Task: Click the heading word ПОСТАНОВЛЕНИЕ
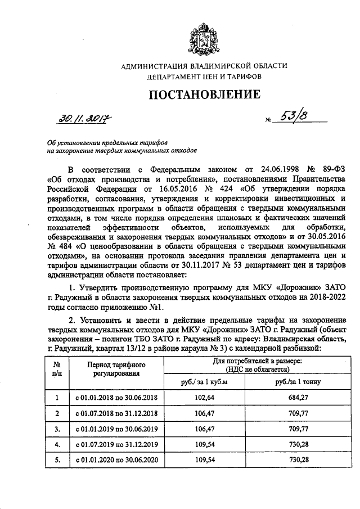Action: pyautogui.click(x=204, y=94)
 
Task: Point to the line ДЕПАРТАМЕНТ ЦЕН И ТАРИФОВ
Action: pyautogui.click(x=204, y=76)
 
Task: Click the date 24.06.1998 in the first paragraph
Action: pyautogui.click(x=267, y=169)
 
